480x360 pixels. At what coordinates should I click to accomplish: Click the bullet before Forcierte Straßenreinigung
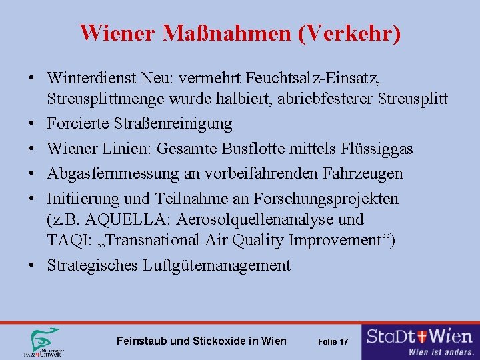click(x=31, y=123)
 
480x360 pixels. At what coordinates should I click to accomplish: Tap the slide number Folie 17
click(x=333, y=341)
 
